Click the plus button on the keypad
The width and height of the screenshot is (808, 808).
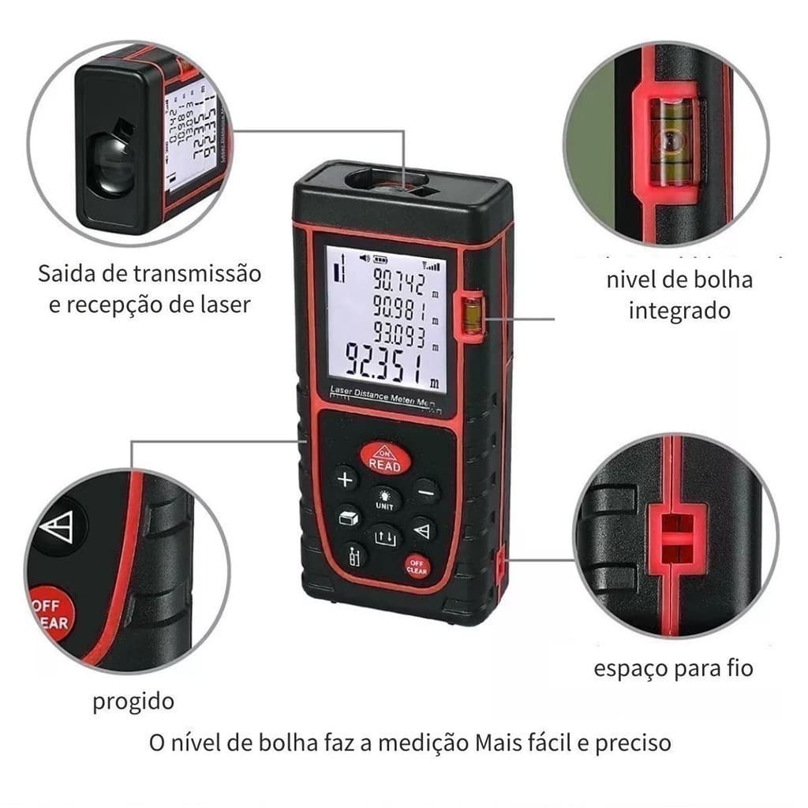346,478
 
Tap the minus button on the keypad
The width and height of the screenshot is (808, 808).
426,492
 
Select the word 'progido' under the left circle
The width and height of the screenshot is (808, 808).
133,701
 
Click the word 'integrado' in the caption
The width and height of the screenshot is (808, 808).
679,310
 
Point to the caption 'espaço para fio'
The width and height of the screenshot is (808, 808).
673,669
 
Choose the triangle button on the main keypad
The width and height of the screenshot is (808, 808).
423,529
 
